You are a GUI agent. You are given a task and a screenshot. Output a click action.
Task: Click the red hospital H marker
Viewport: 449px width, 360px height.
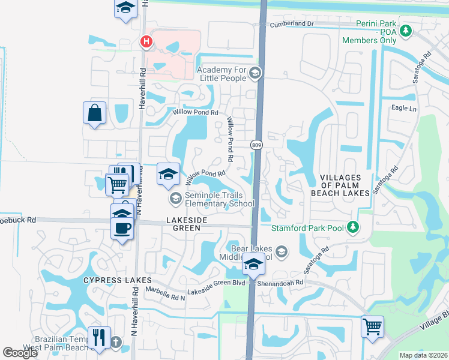[x=145, y=41]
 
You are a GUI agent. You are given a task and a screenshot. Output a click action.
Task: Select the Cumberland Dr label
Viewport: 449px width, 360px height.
[x=292, y=23]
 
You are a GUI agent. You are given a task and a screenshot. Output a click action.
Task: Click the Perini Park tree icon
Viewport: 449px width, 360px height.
[x=406, y=29]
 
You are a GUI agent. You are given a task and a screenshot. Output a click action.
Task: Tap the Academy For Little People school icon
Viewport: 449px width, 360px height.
[x=255, y=74]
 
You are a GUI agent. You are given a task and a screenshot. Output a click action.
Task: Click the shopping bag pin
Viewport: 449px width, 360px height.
[x=95, y=113]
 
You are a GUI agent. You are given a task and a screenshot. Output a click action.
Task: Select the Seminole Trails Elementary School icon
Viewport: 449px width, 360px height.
[x=175, y=197]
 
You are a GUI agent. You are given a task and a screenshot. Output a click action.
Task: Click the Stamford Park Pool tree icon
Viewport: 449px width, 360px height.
[x=354, y=227]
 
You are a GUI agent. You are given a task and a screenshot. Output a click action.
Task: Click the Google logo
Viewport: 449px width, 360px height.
[x=20, y=353]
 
